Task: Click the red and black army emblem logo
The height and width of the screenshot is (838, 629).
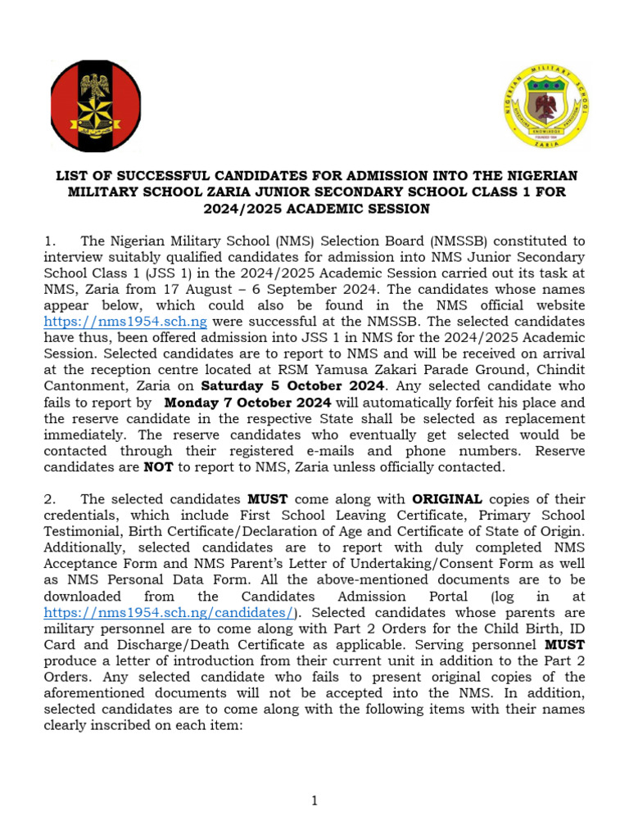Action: (x=96, y=106)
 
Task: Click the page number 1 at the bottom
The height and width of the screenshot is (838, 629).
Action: (x=314, y=801)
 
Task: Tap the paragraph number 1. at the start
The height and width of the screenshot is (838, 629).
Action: (x=51, y=242)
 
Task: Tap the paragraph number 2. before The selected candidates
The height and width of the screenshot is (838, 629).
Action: (x=51, y=498)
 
